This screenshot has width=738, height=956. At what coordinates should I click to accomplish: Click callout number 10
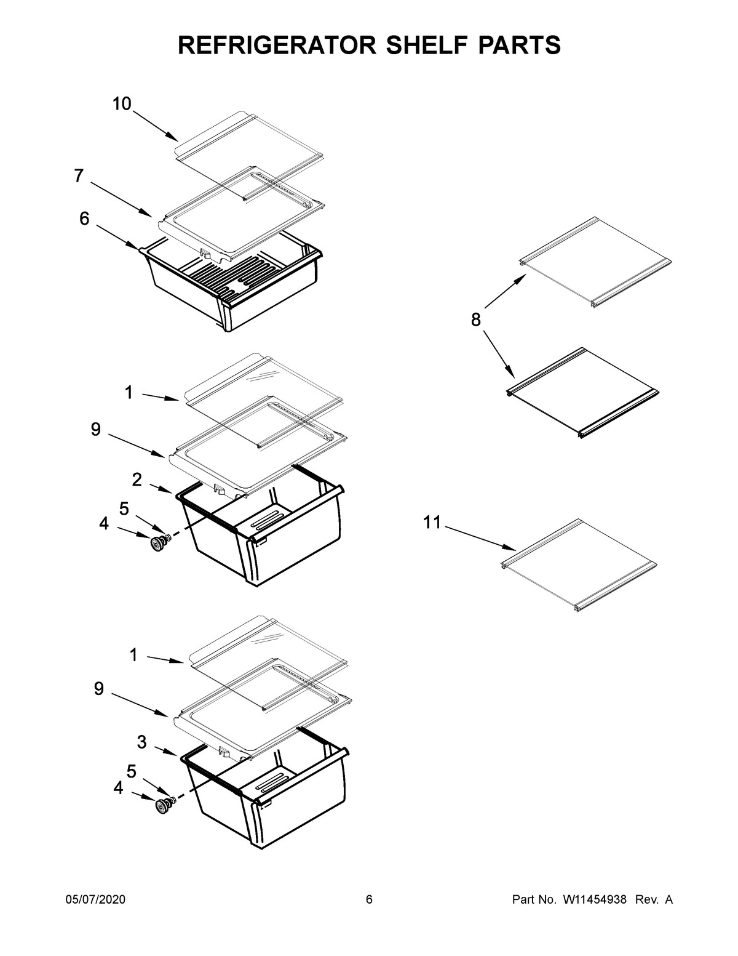tap(122, 104)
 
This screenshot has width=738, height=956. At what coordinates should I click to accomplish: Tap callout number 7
tap(79, 176)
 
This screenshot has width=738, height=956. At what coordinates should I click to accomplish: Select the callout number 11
tap(432, 523)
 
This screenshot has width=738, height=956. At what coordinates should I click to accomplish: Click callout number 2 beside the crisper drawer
tap(137, 480)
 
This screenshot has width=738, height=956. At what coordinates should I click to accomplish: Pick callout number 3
tap(141, 742)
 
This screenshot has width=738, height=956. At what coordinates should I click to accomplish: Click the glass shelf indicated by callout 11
tap(578, 563)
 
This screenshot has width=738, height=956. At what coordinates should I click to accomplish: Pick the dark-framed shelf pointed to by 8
tap(581, 392)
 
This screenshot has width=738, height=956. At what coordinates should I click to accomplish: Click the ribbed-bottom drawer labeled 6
tap(234, 289)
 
